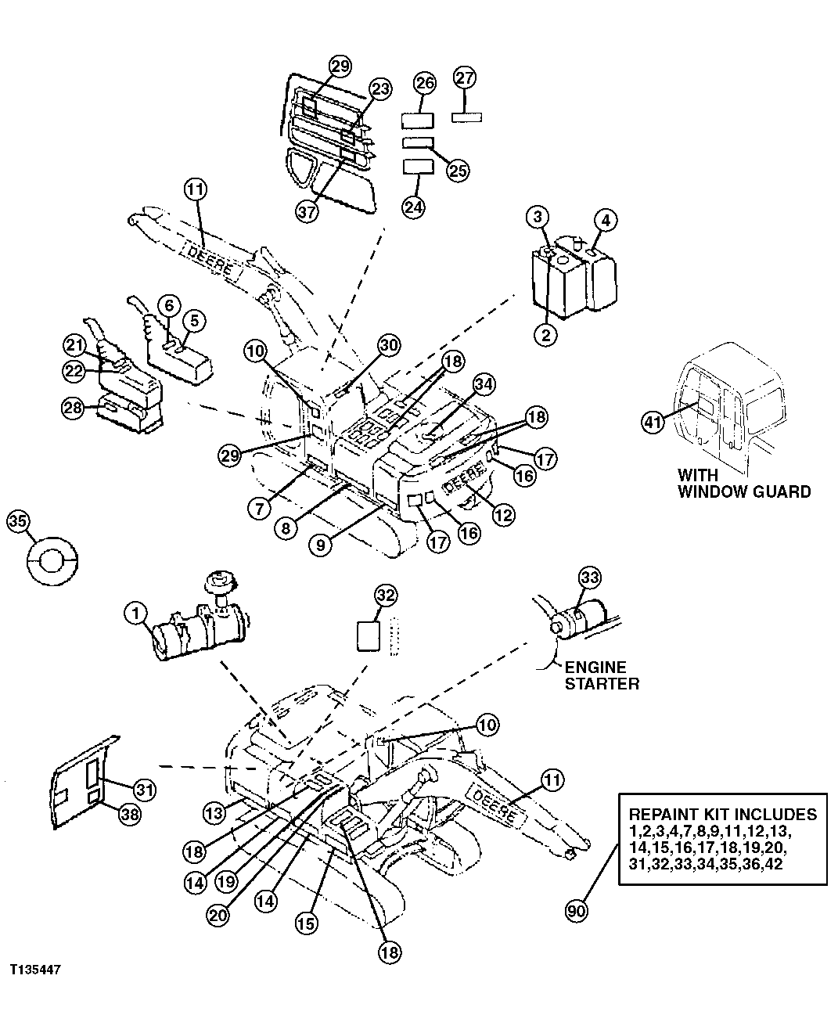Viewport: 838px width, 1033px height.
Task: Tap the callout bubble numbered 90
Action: pyautogui.click(x=577, y=910)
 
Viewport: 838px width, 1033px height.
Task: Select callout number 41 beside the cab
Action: pyautogui.click(x=653, y=422)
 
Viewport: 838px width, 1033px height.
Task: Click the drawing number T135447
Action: pyautogui.click(x=36, y=970)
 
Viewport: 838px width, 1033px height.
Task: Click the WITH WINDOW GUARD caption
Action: pyautogui.click(x=743, y=484)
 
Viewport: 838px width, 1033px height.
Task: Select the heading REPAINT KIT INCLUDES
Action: pyautogui.click(x=723, y=814)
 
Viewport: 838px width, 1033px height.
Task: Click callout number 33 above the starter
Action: pyautogui.click(x=589, y=578)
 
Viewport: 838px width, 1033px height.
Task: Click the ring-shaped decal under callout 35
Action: pyautogui.click(x=47, y=561)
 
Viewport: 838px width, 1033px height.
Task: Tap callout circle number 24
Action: pyautogui.click(x=413, y=206)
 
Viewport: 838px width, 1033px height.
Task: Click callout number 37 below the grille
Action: pyautogui.click(x=308, y=211)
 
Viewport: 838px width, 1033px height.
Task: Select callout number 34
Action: pyautogui.click(x=484, y=383)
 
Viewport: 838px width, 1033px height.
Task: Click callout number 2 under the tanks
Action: pyautogui.click(x=545, y=335)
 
